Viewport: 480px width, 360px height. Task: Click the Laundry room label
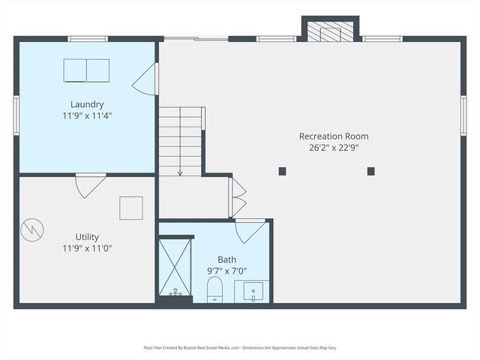coord(87,104)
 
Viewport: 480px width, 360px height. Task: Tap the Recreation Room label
coord(334,136)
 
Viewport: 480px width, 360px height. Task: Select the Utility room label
coord(87,237)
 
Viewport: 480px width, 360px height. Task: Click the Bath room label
coord(226,259)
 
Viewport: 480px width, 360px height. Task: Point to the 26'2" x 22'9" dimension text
coord(334,148)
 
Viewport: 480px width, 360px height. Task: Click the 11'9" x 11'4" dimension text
coord(87,116)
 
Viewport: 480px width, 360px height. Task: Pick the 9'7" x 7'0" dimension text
coord(226,271)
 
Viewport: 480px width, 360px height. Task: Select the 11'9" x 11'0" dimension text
coord(87,248)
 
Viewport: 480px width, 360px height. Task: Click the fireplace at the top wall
coord(330,31)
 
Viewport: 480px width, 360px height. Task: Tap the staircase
coord(180,141)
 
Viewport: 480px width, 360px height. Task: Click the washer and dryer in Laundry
coord(86,70)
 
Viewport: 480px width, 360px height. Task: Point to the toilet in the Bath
coord(215,289)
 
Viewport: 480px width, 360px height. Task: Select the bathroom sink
coord(252,292)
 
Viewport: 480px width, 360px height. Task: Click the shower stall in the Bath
coord(175,267)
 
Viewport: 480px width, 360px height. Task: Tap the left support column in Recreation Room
coord(282,171)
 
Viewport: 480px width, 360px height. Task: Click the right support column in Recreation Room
coord(370,171)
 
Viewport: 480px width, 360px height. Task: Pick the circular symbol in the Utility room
coord(32,229)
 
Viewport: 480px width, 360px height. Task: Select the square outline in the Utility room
coord(131,208)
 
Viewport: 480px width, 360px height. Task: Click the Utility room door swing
coord(88,184)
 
